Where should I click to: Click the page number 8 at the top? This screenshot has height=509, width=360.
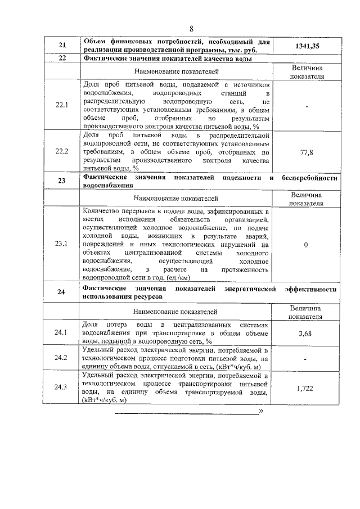tap(191, 29)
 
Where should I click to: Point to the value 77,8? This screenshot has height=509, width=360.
tap(305, 152)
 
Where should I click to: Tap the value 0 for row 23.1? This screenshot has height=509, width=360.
tap(305, 245)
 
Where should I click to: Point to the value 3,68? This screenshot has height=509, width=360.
tap(305, 333)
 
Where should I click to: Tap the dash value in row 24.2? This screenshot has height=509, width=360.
tap(305, 358)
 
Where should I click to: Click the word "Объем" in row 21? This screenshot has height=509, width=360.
tap(94, 42)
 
